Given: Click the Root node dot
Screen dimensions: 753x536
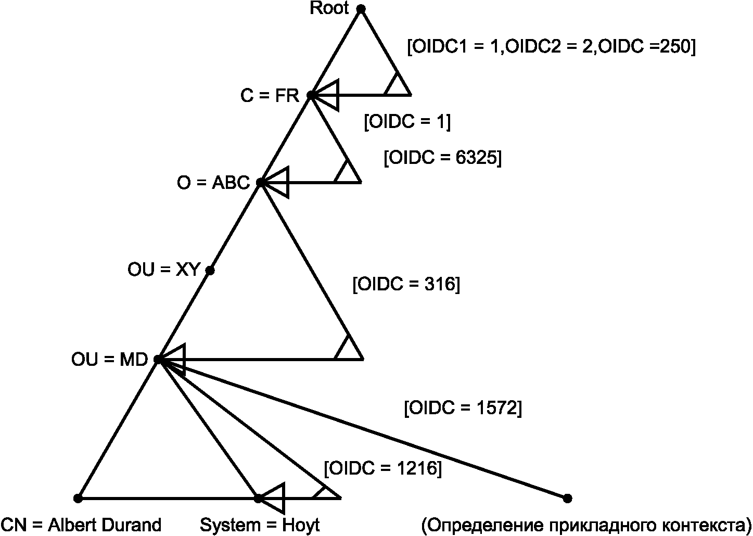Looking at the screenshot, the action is coord(361,9).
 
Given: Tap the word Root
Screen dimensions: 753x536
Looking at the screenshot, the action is coord(329,8).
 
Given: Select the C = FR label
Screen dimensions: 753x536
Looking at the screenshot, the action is coord(270,96).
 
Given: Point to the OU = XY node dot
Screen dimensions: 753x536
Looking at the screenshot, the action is coord(210,271).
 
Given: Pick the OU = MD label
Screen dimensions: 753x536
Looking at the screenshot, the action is coord(110,360).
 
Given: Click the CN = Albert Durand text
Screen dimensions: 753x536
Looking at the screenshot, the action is coord(81,525).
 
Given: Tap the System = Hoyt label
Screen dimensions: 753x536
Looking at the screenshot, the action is coord(260,525).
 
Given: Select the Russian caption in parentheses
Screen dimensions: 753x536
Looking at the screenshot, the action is coord(586,525).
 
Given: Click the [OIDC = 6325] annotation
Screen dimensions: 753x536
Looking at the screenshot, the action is coord(442,157).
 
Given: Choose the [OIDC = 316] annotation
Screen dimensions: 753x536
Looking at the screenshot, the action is coord(406,284).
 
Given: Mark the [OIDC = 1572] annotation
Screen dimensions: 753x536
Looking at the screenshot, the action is coord(463,408).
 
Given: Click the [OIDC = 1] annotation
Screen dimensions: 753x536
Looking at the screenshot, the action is coord(407,122).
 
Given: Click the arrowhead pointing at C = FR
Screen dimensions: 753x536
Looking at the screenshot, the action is coord(325,95).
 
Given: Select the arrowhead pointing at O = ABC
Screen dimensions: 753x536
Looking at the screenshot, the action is coord(275,182).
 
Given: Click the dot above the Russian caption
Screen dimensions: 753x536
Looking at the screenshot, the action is coord(567,499).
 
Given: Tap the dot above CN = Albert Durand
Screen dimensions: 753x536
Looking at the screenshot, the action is coord(78,499).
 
